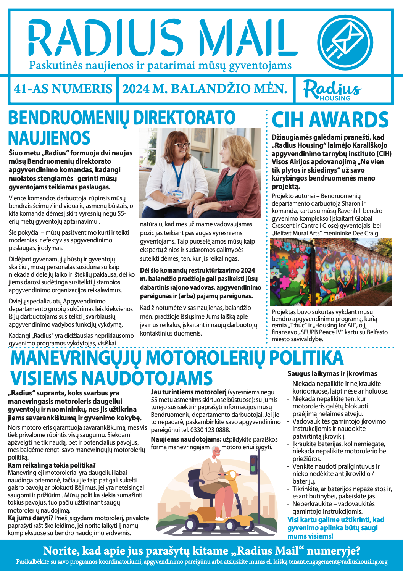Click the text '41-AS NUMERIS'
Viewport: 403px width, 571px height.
tap(63, 89)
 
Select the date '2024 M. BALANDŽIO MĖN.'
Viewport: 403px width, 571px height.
tap(205, 89)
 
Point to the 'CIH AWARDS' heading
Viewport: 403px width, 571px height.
tap(330, 120)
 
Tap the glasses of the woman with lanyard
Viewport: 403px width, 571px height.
tap(182, 145)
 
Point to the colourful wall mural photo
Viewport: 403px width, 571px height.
tap(331, 272)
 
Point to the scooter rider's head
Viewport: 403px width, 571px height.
tap(216, 452)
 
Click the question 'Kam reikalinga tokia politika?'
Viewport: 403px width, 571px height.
tap(52, 465)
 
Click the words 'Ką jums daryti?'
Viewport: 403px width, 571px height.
tap(30, 518)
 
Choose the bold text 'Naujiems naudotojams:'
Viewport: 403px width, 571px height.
tap(186, 440)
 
